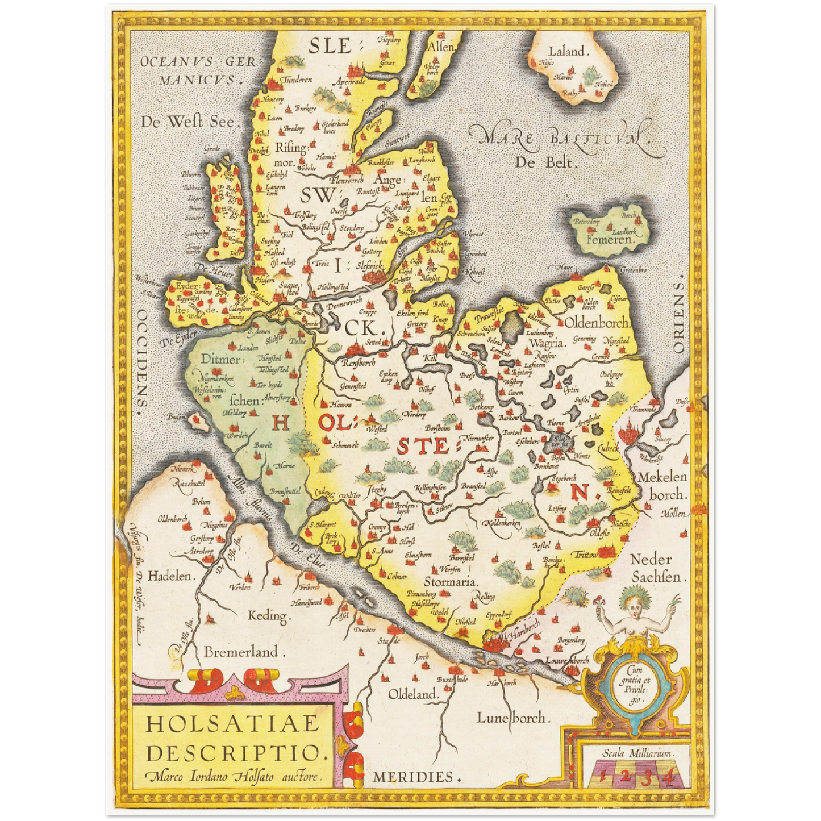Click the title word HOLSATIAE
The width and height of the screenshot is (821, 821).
click(x=233, y=724)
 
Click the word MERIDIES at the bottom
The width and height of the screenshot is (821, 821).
click(x=413, y=777)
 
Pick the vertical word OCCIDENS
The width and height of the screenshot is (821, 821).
click(x=142, y=358)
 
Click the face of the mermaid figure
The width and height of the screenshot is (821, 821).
click(x=631, y=599)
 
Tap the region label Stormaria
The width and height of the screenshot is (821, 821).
click(x=451, y=582)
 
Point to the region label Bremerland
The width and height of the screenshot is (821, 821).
click(x=241, y=652)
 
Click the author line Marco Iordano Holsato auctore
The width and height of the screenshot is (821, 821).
click(x=233, y=776)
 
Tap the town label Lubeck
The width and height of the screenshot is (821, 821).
click(x=608, y=448)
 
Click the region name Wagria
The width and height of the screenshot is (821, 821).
click(x=546, y=343)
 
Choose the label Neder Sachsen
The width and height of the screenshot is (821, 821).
click(x=655, y=568)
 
